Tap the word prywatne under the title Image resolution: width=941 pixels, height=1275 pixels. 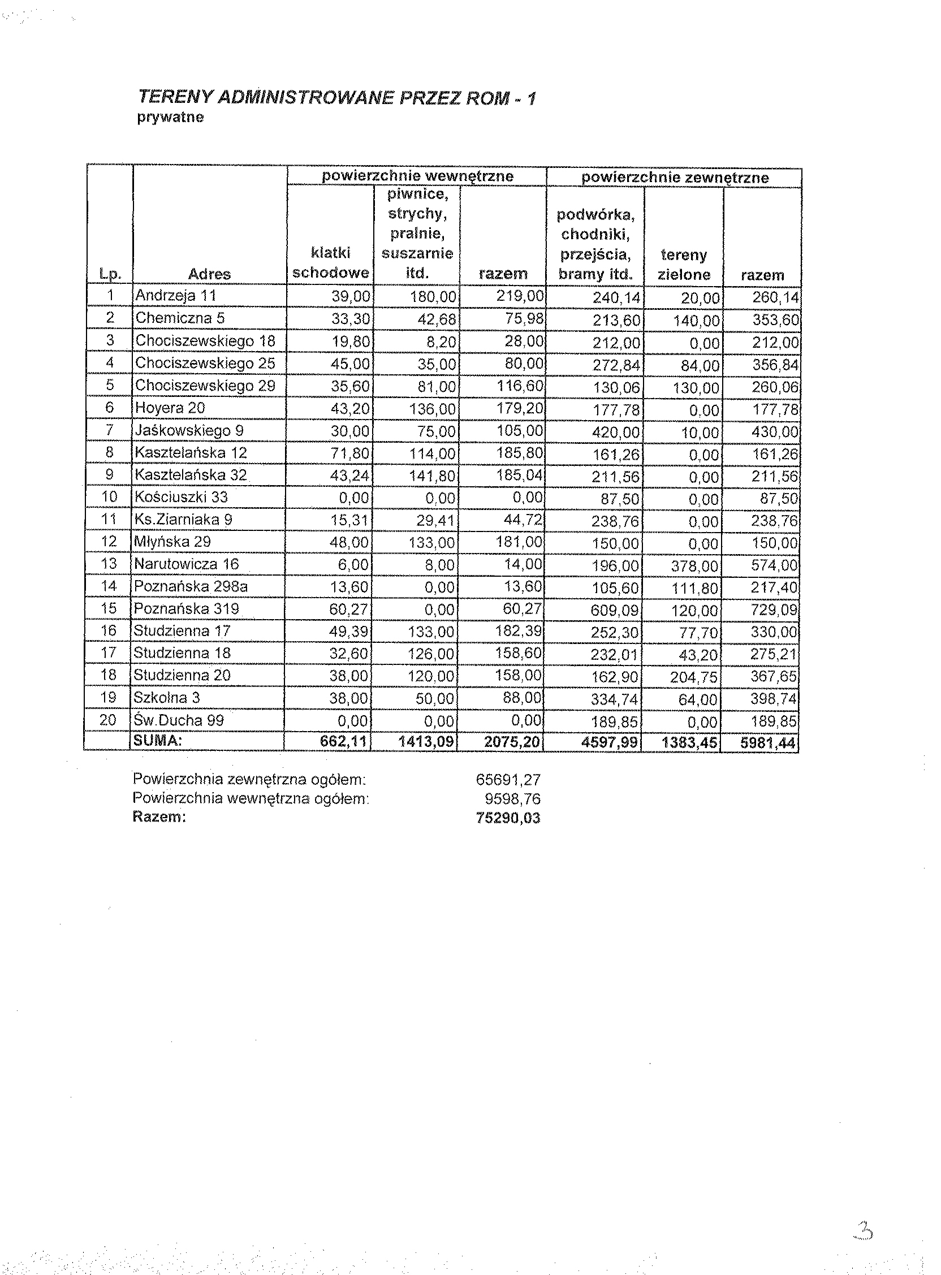point(170,118)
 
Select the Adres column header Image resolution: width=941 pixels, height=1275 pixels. point(209,274)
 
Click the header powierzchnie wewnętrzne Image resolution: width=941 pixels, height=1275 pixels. point(417,176)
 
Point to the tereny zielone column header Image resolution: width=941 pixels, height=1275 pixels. point(684,265)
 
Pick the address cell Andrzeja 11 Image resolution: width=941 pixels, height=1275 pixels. point(175,296)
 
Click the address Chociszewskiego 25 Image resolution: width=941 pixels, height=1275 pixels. point(205,363)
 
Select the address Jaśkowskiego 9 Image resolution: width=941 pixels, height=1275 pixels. point(189,430)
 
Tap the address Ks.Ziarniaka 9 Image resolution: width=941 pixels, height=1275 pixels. point(183,520)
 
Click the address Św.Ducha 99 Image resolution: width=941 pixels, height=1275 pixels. point(178,720)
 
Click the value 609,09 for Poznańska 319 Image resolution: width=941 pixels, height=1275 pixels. point(615,611)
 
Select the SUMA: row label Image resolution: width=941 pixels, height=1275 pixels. point(157,741)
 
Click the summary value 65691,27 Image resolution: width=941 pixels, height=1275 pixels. point(508,780)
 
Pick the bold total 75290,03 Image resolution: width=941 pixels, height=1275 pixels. point(508,818)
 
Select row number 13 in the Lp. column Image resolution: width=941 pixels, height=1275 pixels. point(108,564)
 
